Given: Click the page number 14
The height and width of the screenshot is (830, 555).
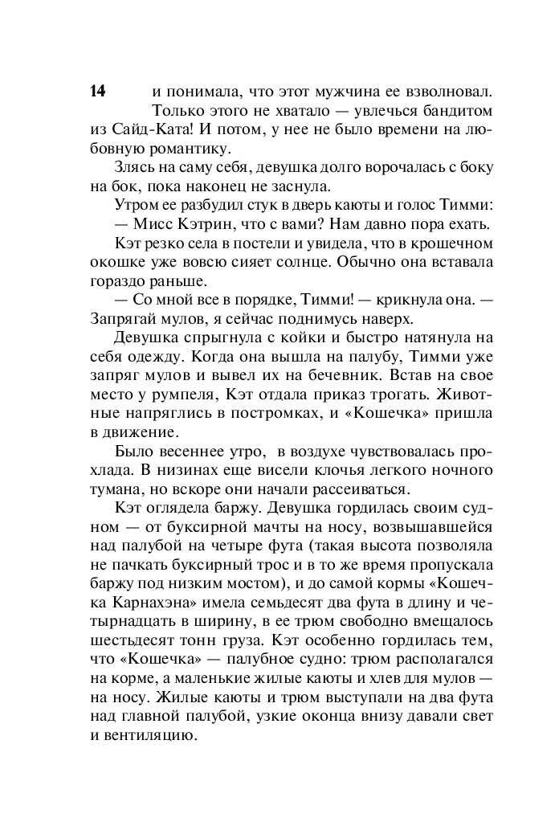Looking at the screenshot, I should pos(97,91).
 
